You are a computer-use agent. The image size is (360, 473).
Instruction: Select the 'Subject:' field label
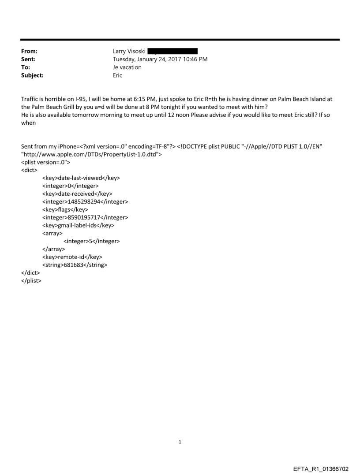[x=32, y=75]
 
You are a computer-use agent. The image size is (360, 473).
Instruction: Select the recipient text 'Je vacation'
[x=127, y=67]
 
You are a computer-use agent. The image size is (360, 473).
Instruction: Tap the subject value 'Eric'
[x=118, y=75]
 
